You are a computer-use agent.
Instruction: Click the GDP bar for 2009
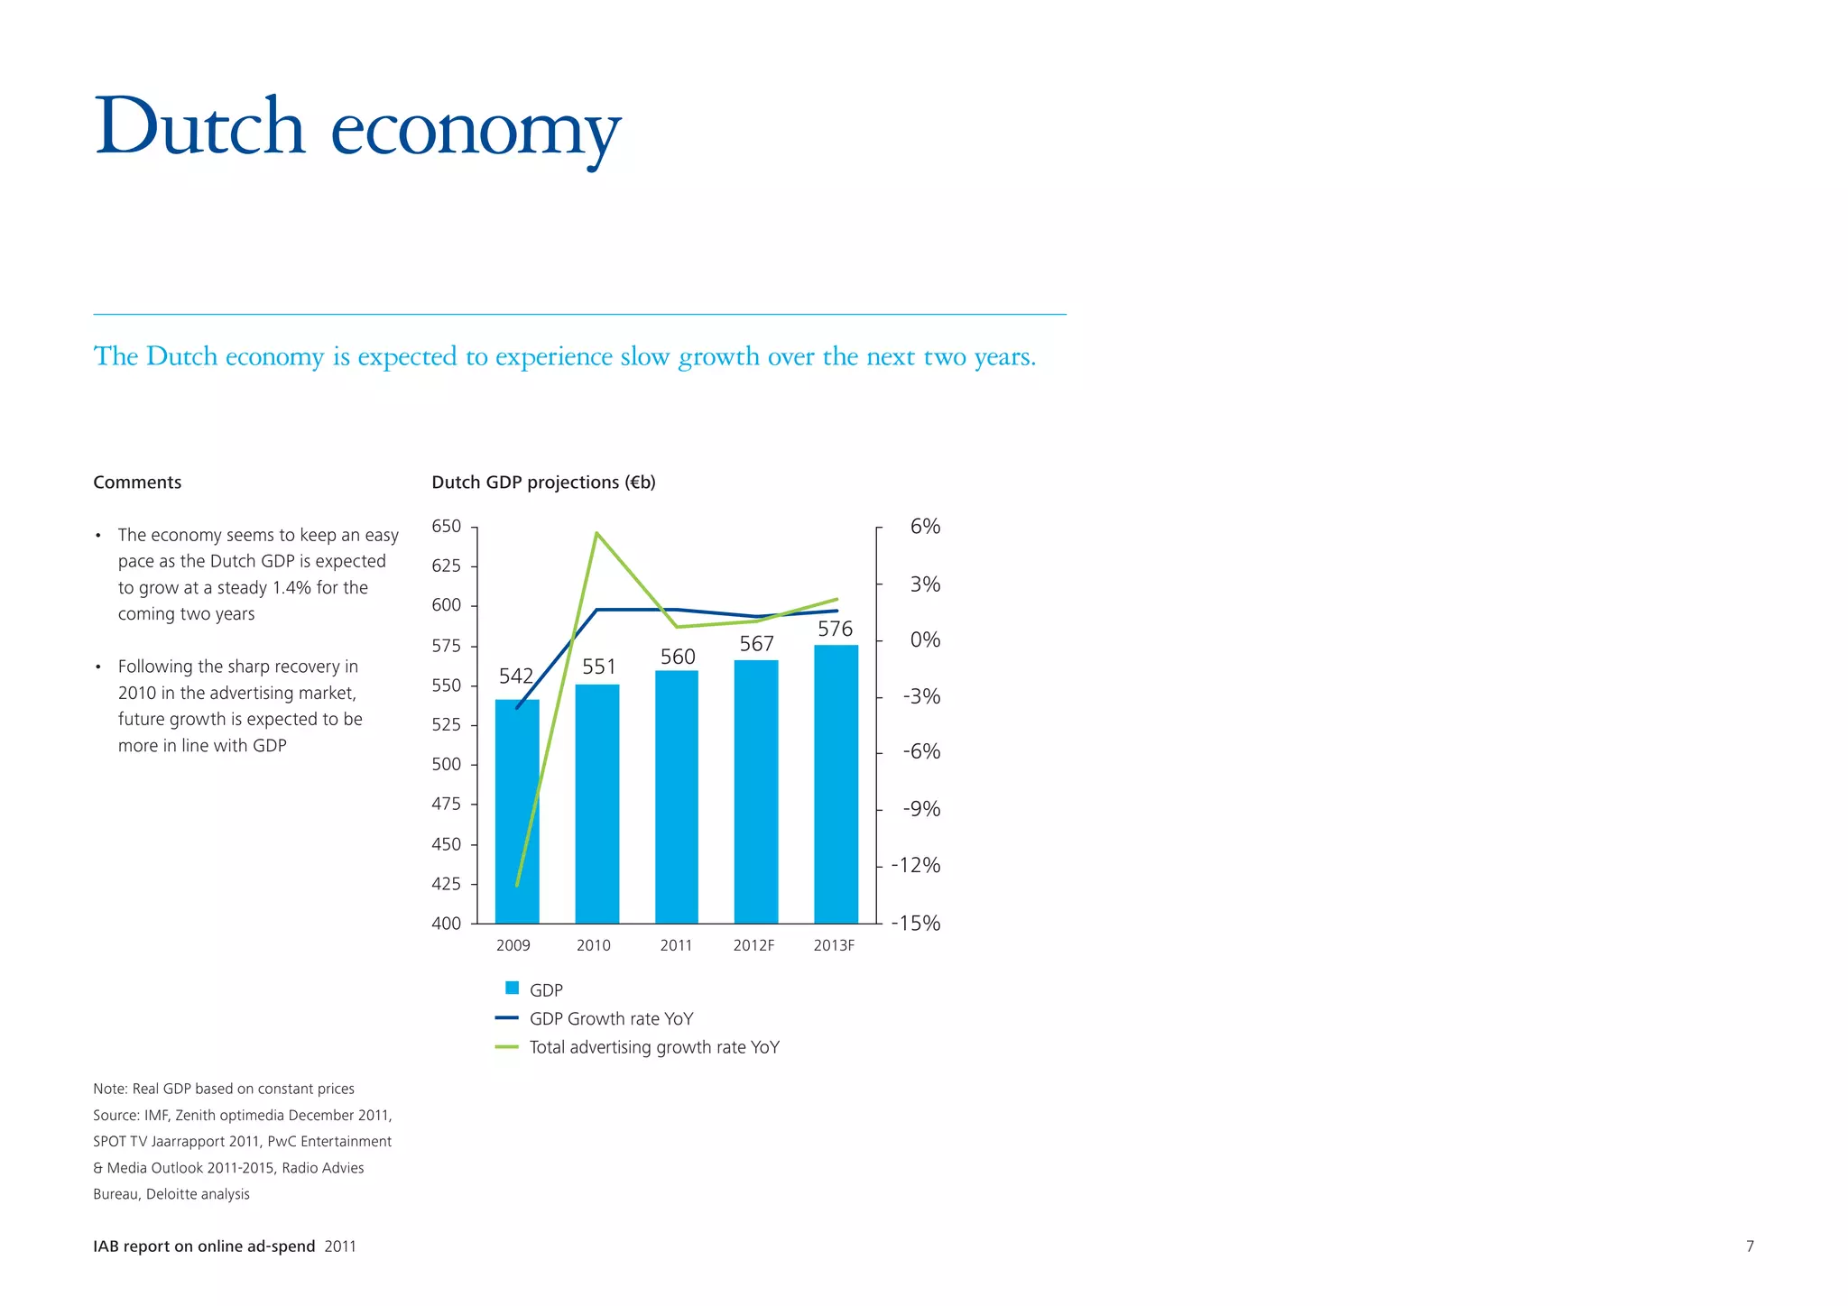pos(517,812)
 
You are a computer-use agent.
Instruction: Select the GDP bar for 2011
pos(677,797)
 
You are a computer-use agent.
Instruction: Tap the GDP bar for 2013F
pos(836,785)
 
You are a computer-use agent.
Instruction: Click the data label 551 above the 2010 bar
pos(599,667)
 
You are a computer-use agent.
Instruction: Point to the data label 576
pos(835,629)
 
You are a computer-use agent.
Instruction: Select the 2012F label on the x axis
pos(753,945)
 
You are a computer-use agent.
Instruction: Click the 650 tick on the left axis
pos(446,526)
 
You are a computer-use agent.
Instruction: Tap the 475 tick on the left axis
pos(446,804)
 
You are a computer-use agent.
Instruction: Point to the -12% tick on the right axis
pos(916,865)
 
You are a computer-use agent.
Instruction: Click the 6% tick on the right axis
pos(925,526)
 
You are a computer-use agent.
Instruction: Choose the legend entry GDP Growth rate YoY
pos(611,1018)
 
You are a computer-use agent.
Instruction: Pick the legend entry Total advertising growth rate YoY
pos(654,1047)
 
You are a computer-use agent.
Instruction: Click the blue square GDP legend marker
pos(512,989)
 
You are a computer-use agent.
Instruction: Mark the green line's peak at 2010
pos(596,533)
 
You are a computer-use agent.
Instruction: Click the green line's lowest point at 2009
pos(517,885)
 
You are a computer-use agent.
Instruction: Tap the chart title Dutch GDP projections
pos(543,483)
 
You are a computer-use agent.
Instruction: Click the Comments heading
pos(137,483)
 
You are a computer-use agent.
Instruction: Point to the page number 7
pos(1750,1246)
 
